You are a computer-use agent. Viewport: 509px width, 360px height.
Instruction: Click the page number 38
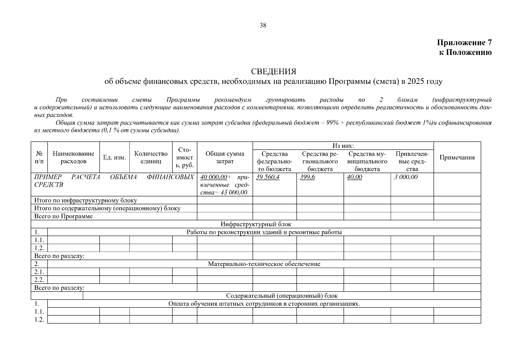[263, 25]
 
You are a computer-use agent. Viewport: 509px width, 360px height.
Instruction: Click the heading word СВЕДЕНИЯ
[274, 71]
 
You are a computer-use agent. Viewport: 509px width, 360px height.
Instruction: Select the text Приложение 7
[464, 43]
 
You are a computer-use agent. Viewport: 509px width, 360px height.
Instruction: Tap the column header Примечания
[457, 157]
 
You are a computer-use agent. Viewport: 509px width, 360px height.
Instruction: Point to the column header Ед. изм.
[115, 157]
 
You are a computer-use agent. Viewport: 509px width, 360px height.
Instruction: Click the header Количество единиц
[151, 157]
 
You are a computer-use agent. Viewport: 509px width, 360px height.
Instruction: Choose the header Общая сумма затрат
[225, 157]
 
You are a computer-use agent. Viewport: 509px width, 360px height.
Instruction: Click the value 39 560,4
[268, 177]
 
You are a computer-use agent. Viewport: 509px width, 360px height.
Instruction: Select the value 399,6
[307, 177]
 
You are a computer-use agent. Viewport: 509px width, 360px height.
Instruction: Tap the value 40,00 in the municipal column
[354, 177]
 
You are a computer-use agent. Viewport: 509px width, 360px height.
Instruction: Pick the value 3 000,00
[406, 177]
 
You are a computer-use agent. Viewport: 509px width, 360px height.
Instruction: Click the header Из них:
[343, 146]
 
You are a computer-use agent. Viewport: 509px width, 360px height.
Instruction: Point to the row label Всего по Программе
[64, 216]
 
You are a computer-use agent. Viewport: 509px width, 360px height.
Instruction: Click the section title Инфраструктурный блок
[256, 224]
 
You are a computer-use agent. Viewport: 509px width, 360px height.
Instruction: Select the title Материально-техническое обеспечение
[264, 264]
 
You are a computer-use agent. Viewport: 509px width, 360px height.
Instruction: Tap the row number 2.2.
[39, 280]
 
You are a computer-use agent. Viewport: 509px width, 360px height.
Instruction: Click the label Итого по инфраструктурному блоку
[86, 200]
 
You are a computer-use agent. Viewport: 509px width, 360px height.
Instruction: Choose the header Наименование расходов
[73, 157]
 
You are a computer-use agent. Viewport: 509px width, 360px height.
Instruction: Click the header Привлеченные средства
[412, 161]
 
